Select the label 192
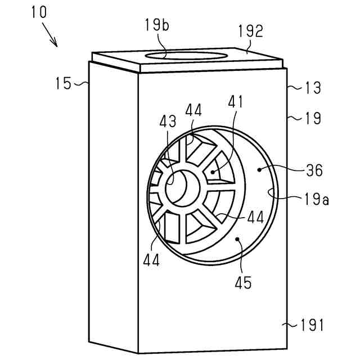pos(250,31)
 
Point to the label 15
pos(64,84)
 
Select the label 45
pos(244,282)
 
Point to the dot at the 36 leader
pos(259,168)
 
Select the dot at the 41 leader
pos(212,172)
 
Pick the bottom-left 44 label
pos(151,260)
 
